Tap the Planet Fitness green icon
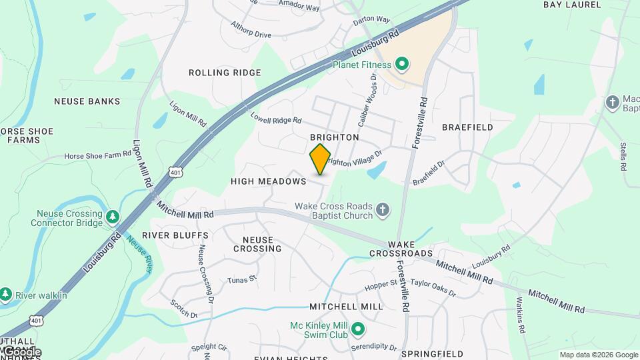[401, 65]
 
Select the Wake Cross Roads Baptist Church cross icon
[383, 211]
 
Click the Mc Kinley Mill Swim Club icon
[358, 329]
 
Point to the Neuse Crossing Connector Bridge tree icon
[113, 216]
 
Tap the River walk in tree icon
[6, 294]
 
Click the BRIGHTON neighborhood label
[335, 137]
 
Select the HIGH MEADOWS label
[268, 181]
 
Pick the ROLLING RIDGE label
[225, 73]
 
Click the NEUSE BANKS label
[87, 102]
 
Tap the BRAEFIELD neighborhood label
[467, 127]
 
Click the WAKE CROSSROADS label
[401, 249]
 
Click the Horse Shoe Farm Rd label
[98, 155]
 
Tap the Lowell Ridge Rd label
[276, 117]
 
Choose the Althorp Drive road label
[251, 29]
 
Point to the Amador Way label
[299, 8]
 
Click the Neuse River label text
[140, 253]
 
